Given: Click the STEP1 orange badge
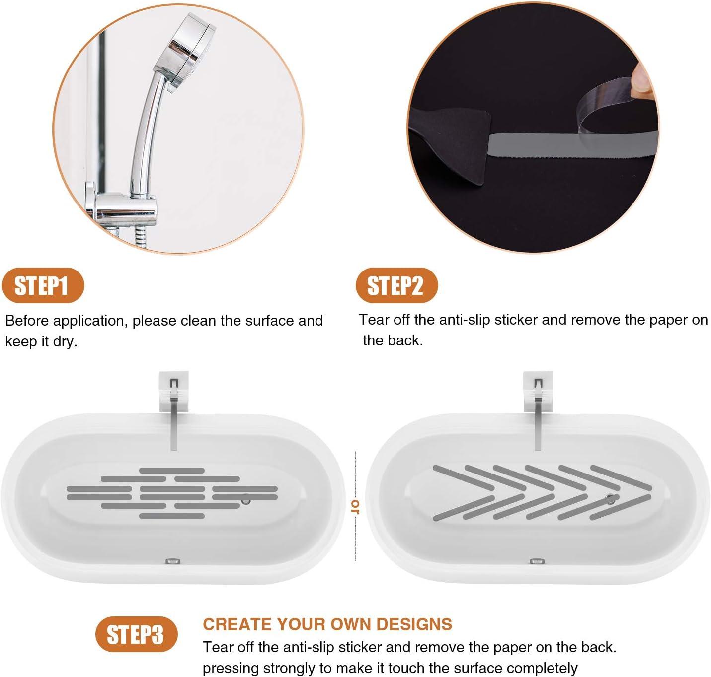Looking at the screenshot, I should click(43, 286).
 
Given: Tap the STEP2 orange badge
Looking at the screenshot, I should click(396, 285).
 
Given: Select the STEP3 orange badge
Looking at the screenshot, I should click(136, 634).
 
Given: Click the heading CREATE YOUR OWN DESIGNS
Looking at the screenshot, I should click(327, 624).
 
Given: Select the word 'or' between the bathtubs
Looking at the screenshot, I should click(355, 506).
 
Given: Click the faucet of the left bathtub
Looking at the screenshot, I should click(173, 412).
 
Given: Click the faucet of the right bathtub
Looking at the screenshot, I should click(537, 412).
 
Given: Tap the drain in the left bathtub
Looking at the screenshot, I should click(245, 500).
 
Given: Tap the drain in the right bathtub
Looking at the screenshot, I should click(610, 499).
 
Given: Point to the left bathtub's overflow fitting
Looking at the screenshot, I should click(172, 561).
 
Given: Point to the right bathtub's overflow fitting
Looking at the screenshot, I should click(537, 561).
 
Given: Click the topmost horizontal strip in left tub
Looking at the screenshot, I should click(171, 470).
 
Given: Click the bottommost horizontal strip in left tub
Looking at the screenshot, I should click(171, 516).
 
